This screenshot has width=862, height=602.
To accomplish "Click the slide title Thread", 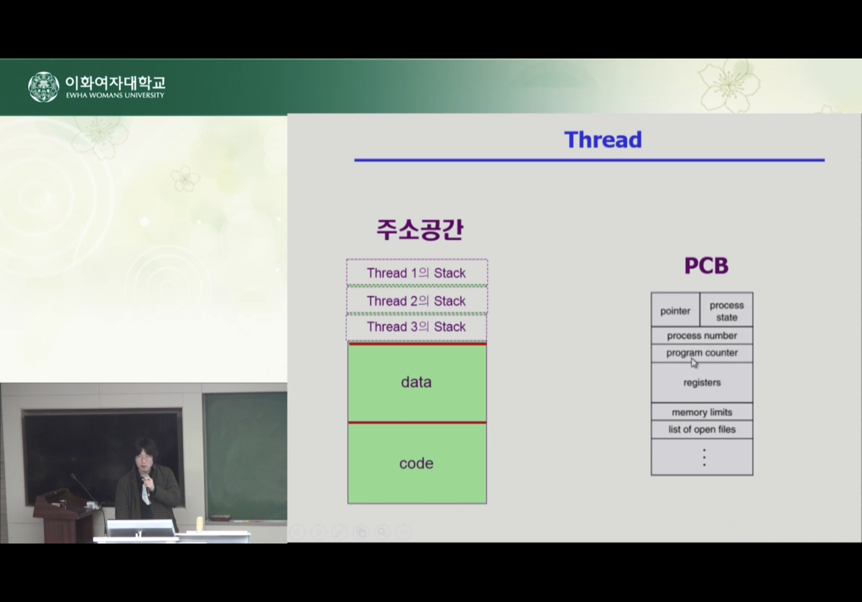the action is pos(603,140).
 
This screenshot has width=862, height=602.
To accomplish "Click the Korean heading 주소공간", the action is pos(420,229).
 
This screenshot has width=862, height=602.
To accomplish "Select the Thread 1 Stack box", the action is pos(417,272).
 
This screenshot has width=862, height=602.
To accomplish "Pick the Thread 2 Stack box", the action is pos(417,300).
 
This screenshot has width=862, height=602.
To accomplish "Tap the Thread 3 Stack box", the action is pos(416,327).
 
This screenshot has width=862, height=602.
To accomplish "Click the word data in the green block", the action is pos(416,382).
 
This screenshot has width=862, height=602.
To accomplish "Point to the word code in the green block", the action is pos(416,463).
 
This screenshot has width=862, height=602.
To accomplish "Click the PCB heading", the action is pos(706,266).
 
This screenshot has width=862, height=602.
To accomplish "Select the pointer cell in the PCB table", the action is pos(675,310).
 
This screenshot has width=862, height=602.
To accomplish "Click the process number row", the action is pos(702,336).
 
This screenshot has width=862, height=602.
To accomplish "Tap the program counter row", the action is pos(702,353).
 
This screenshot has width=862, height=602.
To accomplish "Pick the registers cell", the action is pos(702,383).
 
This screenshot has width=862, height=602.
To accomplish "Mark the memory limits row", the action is pos(702,412).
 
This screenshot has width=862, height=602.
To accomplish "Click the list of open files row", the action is pos(702,429).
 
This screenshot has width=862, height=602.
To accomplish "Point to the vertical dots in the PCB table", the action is pos(704,458).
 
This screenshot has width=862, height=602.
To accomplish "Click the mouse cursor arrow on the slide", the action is pos(694,363).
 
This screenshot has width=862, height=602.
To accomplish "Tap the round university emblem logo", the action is pos(44,87).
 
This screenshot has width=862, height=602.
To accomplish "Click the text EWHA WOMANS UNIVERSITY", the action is pos(115,95).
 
